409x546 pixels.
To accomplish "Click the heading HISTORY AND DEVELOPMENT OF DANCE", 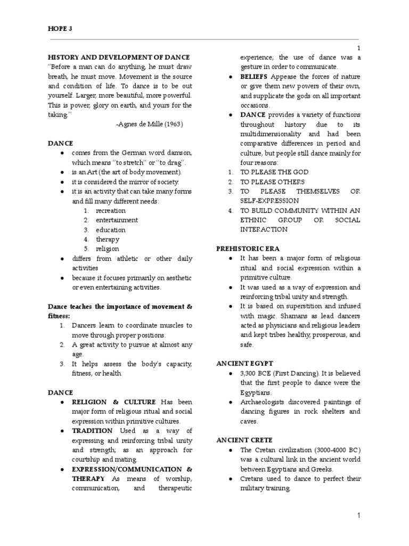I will coord(119,57).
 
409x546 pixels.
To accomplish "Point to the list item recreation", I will coord(111,211).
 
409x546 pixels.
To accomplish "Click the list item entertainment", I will coord(117,220).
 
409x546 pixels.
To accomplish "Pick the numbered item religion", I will coord(108,249).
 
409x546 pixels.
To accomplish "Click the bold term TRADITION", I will coord(92,431).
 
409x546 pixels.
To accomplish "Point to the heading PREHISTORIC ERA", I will coord(248,249).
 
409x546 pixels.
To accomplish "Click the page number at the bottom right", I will coord(359,516).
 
